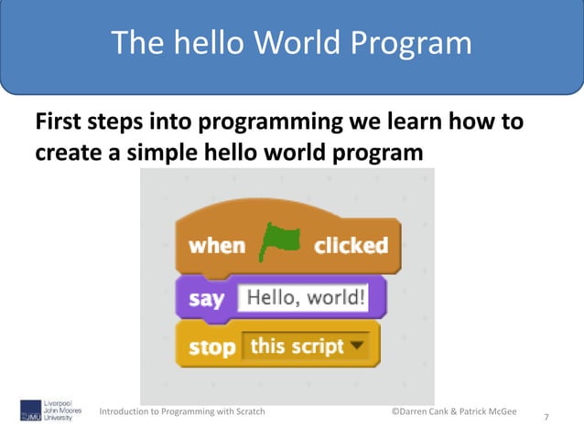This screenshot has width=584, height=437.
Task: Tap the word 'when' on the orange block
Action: [217, 246]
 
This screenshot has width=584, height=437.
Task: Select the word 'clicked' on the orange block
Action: [351, 246]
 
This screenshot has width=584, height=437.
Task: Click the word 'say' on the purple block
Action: [207, 299]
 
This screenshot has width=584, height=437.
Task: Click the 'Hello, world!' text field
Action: [303, 298]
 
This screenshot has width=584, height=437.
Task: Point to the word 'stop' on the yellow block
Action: [211, 348]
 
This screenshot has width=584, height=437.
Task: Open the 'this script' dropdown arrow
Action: [356, 346]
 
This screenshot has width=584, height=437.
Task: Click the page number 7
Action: [546, 418]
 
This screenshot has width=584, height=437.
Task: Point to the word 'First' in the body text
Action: [61, 122]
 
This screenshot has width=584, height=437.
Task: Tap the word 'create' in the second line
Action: [71, 152]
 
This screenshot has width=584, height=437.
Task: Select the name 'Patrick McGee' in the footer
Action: [491, 411]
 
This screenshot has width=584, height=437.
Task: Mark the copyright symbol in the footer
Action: [395, 411]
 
